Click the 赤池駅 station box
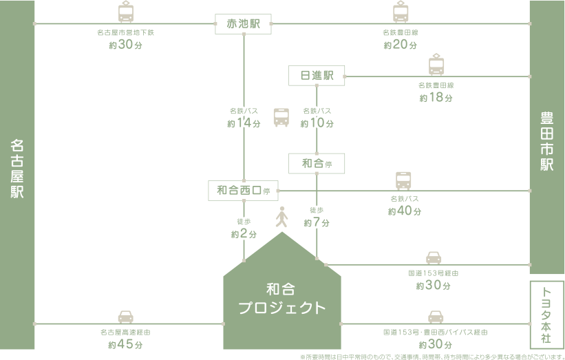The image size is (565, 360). [x=244, y=24]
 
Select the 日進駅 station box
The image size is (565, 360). [x=316, y=76]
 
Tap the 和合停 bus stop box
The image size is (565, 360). [x=316, y=163]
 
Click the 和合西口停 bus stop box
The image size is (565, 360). [x=243, y=190]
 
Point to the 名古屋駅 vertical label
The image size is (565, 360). [x=17, y=169]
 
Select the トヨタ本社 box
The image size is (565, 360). [x=547, y=314]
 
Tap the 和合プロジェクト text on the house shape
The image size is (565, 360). [x=282, y=299]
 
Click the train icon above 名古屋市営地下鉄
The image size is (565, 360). [x=126, y=12]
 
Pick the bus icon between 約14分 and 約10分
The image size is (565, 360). [x=281, y=117]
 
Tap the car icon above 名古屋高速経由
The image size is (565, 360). [x=125, y=317]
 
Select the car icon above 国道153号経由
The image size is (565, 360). [x=434, y=258]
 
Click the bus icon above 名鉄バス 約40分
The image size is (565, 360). [x=403, y=181]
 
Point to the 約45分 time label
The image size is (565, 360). [x=125, y=345]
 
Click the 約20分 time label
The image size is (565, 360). [x=401, y=45]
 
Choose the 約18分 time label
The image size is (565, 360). [x=436, y=98]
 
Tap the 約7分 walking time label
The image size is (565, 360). [x=317, y=223]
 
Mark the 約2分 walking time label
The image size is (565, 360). [x=244, y=234]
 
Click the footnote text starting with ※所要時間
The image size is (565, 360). [x=431, y=357]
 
